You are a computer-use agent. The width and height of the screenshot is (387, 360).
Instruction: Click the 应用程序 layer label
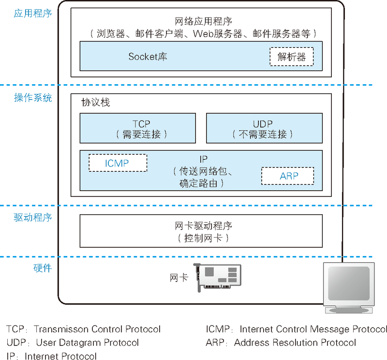[x=33, y=14]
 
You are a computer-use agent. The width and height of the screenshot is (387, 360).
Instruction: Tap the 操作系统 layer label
[x=33, y=98]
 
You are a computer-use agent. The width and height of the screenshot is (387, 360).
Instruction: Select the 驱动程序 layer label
[x=33, y=218]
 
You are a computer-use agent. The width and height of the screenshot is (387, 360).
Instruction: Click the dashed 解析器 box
[x=291, y=57]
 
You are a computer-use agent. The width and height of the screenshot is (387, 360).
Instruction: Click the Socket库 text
[x=148, y=57]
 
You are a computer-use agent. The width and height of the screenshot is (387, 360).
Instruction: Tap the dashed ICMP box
[x=118, y=163]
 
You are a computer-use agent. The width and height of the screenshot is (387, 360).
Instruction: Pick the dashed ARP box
[x=288, y=176]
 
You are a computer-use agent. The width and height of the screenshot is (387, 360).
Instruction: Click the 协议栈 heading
[x=96, y=103]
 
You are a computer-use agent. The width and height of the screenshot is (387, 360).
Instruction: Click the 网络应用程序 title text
[x=203, y=21]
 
